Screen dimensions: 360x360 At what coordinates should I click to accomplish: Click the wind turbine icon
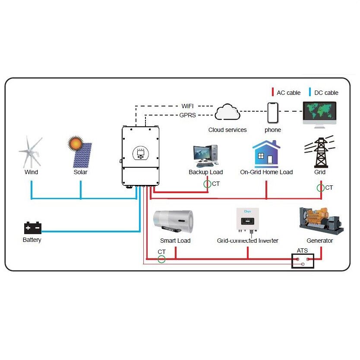coord(31,152)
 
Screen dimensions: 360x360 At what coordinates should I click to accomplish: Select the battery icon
coord(32,227)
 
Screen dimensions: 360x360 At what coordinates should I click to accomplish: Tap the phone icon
coord(272,113)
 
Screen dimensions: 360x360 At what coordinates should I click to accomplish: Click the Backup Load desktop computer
coord(205,156)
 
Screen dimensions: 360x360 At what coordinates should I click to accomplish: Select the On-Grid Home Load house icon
coord(266,153)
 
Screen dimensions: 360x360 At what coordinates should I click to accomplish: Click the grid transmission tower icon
coord(319,153)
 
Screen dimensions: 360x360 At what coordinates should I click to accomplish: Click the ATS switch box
coord(302,260)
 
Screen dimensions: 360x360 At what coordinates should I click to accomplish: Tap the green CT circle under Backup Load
coord(208,184)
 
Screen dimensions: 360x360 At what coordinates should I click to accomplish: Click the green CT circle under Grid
coord(320,188)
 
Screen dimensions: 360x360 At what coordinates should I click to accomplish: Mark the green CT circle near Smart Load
coord(161,259)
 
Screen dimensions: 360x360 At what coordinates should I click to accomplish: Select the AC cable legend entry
coord(285,93)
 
